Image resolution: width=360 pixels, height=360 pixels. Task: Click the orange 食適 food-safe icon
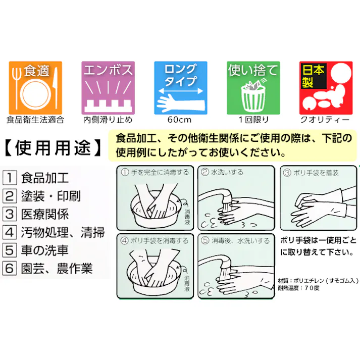tap(35, 87)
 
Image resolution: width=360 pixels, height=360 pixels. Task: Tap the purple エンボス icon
tap(108, 87)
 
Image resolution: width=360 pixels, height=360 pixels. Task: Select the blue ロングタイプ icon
tap(179, 87)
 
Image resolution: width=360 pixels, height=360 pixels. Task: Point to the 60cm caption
tap(180, 120)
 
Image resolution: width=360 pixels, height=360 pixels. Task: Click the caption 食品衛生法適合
tap(35, 120)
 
